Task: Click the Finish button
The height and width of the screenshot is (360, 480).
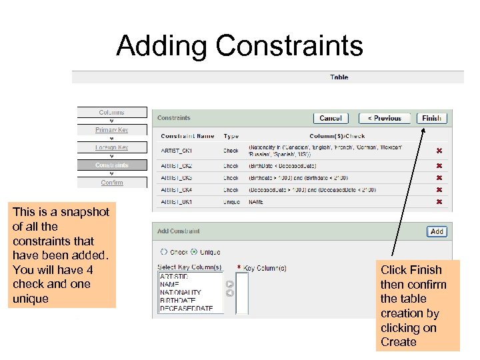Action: (431, 118)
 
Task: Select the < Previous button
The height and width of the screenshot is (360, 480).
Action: (385, 118)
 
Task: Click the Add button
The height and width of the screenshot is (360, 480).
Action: (437, 231)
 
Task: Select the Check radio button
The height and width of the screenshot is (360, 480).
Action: (164, 252)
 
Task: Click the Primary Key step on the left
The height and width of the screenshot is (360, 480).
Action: (111, 130)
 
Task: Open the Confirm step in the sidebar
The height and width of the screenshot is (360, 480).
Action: (111, 183)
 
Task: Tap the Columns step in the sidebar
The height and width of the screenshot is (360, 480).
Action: (111, 113)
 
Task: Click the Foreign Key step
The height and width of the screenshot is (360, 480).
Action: (111, 147)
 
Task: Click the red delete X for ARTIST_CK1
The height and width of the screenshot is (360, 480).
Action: (439, 151)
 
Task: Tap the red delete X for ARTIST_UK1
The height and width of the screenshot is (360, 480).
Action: (439, 201)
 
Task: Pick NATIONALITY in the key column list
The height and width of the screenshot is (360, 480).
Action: (180, 293)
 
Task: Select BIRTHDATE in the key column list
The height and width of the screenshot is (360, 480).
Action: (177, 301)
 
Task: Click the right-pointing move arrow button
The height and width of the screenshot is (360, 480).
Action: (229, 284)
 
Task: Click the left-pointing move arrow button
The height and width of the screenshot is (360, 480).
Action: (229, 293)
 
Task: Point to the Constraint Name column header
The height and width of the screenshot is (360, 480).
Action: (187, 136)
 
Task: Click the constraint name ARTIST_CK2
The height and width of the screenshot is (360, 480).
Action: (177, 165)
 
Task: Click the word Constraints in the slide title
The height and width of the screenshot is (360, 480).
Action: (289, 46)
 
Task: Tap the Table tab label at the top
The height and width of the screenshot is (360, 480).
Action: (339, 77)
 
